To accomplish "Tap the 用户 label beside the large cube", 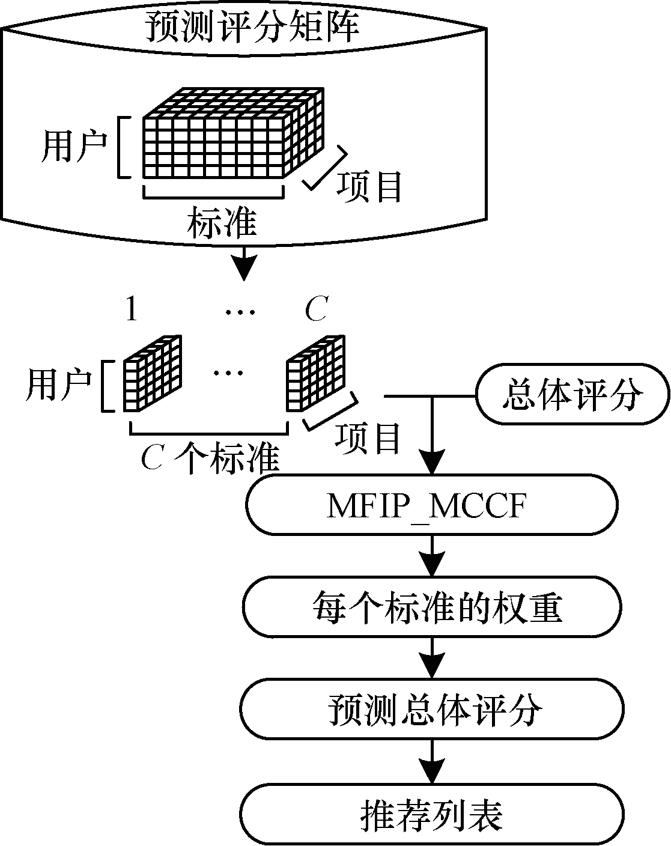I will [x=73, y=147].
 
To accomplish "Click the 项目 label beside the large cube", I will [x=369, y=187].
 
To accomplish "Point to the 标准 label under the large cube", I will [x=222, y=223].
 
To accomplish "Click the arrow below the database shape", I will [x=243, y=264].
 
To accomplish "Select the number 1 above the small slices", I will [x=132, y=311].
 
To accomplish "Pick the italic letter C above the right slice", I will [x=316, y=311].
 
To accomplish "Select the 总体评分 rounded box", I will [x=572, y=395].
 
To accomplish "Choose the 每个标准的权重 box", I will [x=432, y=608].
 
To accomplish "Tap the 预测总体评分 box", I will [x=432, y=710].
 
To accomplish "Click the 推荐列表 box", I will [x=432, y=814].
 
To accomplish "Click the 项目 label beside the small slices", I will [x=368, y=439].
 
